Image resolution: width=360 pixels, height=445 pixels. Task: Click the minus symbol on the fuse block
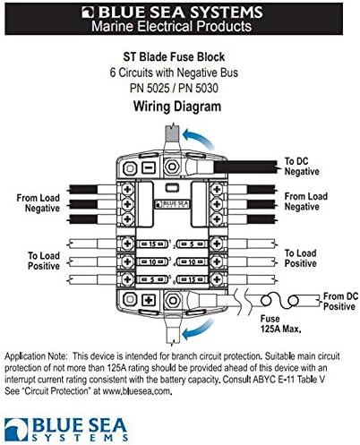(148, 168)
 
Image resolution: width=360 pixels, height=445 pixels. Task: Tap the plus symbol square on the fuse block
(148, 300)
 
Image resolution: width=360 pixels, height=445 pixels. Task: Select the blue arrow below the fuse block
(199, 329)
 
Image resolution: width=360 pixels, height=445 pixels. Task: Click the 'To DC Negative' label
(302, 167)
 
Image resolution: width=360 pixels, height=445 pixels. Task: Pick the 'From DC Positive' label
(340, 302)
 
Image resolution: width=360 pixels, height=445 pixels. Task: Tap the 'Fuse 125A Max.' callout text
(280, 324)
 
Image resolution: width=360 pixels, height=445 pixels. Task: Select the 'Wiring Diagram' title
(177, 107)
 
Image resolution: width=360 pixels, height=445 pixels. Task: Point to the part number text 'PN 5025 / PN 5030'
(174, 88)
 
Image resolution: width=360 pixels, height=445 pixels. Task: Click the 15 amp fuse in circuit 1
(152, 244)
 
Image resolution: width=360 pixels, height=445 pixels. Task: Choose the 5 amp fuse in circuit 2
(193, 244)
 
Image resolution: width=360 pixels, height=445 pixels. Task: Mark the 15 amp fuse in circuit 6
(193, 280)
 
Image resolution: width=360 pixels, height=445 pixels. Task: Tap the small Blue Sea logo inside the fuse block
(173, 204)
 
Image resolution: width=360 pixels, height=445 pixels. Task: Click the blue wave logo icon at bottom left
(16, 430)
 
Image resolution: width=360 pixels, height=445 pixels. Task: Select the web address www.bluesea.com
(137, 391)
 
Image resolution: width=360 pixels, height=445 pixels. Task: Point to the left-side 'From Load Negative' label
(39, 203)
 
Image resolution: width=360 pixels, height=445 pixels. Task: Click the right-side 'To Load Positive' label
(300, 258)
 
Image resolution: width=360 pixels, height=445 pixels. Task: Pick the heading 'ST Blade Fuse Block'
(174, 56)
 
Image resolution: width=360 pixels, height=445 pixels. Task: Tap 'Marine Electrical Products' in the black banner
(171, 27)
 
